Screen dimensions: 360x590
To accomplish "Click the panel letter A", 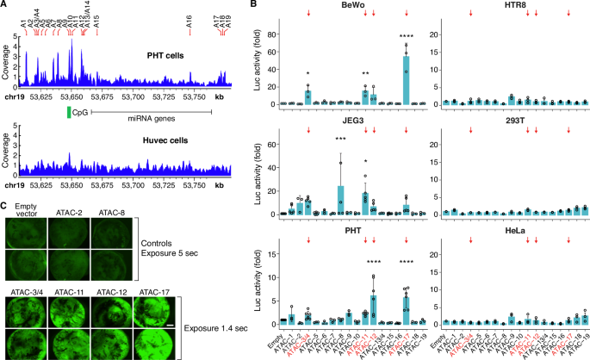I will pos(5,6).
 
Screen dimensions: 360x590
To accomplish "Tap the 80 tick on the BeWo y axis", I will pos(276,34).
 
